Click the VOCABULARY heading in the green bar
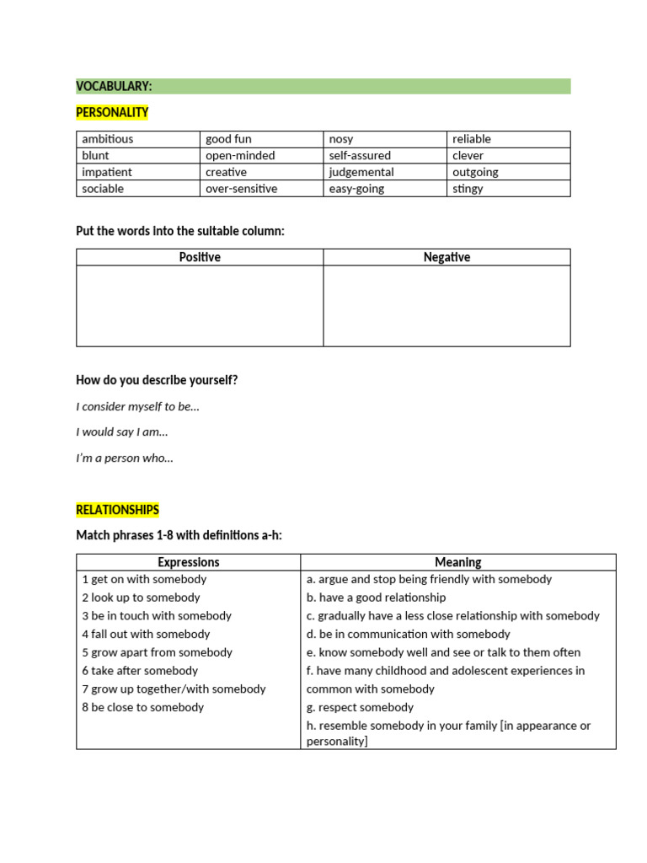[114, 86]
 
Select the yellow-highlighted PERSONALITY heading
[112, 112]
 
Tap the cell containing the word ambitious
[108, 139]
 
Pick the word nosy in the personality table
[341, 139]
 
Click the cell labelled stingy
[468, 189]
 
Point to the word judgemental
[361, 172]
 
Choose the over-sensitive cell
[241, 189]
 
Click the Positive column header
[200, 257]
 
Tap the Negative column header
[446, 257]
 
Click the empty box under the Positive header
[200, 305]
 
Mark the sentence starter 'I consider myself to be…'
[137, 406]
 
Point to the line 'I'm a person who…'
[125, 458]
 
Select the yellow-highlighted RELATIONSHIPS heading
[117, 510]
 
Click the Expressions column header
[188, 562]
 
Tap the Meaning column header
[457, 562]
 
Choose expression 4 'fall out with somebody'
[146, 634]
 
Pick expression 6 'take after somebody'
[140, 671]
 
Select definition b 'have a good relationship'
[376, 598]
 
